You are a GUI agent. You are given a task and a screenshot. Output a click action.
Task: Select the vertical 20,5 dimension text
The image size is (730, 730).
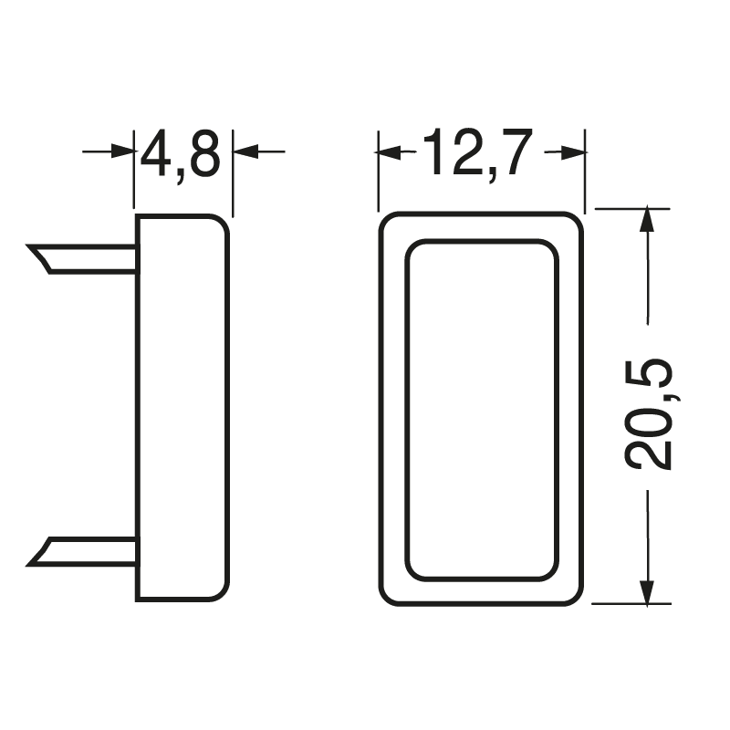tap(649, 414)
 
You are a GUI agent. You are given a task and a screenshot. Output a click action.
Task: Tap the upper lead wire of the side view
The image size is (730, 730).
tap(91, 258)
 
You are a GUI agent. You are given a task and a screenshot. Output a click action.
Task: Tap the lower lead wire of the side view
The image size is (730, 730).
tap(91, 551)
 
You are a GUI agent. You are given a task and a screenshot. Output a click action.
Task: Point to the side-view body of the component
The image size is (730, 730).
tap(182, 408)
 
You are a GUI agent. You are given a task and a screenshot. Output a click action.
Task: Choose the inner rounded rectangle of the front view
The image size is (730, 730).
tap(482, 410)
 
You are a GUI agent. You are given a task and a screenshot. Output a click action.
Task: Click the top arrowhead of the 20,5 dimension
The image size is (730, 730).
tap(647, 220)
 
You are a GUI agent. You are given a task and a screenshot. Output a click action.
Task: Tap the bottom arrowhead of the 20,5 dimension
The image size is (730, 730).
tap(647, 591)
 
